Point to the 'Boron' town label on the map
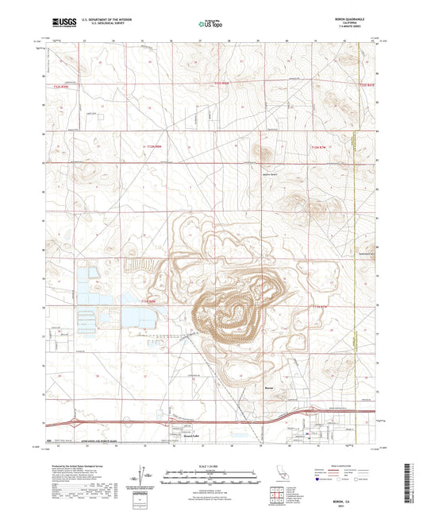click(x=268, y=389)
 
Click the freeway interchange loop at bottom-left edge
click(x=73, y=422)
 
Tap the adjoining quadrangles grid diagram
click(x=277, y=497)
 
